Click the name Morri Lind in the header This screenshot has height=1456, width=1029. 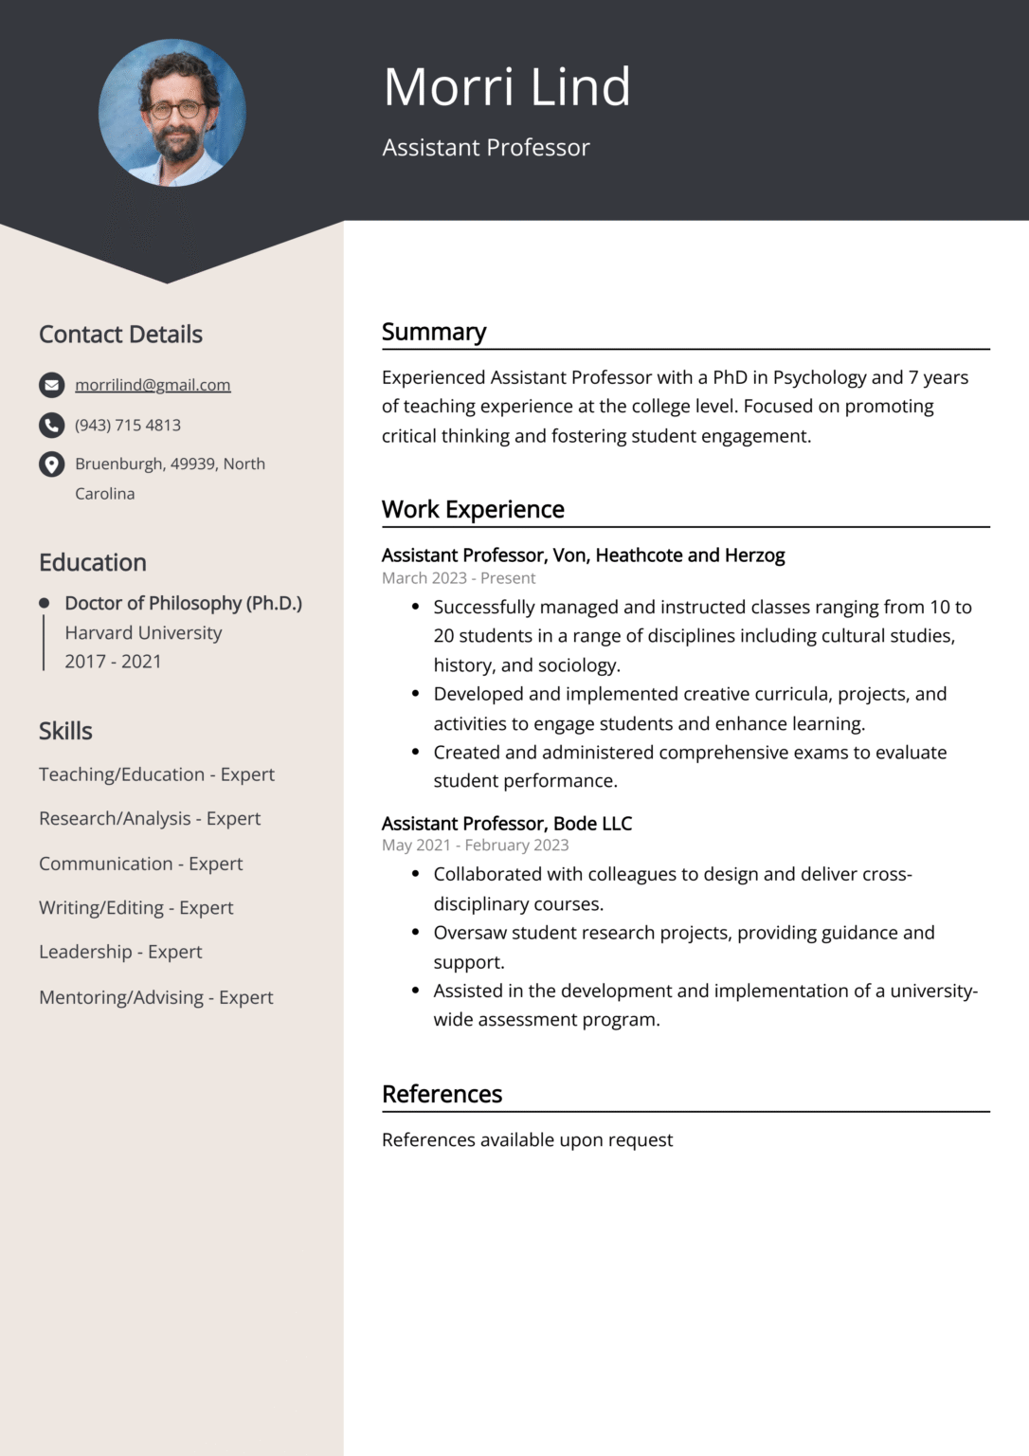506,87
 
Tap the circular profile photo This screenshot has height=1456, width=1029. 171,113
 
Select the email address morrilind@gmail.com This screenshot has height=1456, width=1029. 153,385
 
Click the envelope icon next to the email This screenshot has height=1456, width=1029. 51,385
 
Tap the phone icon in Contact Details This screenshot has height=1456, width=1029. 51,425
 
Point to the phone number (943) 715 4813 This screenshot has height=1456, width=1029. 128,426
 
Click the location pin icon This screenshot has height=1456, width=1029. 51,464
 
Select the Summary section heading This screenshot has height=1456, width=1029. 434,332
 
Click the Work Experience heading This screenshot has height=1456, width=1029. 473,509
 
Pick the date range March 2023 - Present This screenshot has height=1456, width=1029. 459,578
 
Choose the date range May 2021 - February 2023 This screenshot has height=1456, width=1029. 475,846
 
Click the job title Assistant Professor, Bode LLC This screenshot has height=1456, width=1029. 506,823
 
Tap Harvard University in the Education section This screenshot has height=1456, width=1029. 143,632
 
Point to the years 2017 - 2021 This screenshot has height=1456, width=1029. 113,662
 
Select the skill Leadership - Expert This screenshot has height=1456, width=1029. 120,952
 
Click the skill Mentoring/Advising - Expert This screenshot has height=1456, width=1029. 155,997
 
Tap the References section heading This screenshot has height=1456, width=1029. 442,1094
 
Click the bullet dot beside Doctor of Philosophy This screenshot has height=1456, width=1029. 44,603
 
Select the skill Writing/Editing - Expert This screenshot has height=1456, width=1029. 135,908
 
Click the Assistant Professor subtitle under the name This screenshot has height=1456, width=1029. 485,148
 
